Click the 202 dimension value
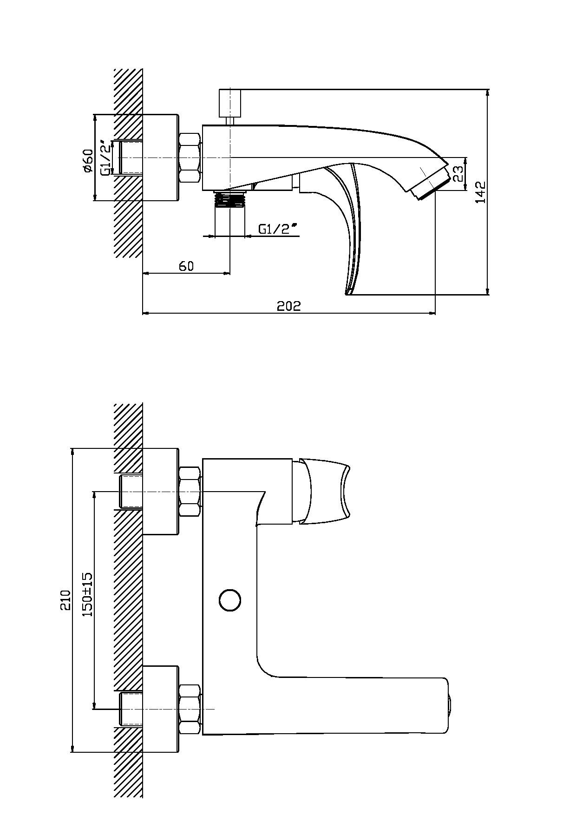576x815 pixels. [289, 306]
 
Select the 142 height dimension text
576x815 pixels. [480, 192]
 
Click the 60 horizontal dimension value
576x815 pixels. [186, 266]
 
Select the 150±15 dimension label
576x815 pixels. [87, 594]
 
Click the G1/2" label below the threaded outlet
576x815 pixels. [277, 229]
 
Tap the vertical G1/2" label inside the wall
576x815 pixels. [106, 158]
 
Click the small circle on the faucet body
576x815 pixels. [230, 600]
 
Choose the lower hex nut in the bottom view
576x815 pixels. [190, 709]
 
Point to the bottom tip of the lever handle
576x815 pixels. [346, 292]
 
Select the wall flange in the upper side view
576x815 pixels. [160, 158]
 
